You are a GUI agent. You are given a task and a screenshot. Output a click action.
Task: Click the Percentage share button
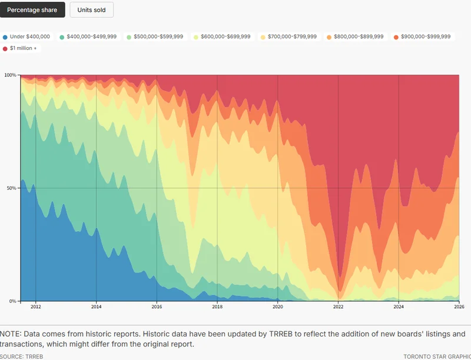tap(32, 10)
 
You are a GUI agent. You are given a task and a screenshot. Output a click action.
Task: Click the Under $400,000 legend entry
tap(26, 36)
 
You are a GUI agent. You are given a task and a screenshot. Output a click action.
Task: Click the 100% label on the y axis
tap(10, 75)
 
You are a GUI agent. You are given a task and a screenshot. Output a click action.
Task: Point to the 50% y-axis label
tap(11, 188)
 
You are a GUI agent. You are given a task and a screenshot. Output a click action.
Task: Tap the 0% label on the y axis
tap(12, 301)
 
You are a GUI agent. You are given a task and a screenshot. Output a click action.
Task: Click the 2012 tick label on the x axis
tap(36, 307)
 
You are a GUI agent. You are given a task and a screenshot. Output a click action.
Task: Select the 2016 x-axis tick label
tap(157, 307)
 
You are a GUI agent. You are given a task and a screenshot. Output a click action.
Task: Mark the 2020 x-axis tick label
tap(278, 307)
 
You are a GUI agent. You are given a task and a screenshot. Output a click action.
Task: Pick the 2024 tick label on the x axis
tap(399, 307)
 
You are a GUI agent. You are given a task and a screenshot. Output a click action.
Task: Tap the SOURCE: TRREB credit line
tap(22, 356)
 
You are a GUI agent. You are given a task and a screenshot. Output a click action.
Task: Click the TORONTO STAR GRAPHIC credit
tap(437, 356)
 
